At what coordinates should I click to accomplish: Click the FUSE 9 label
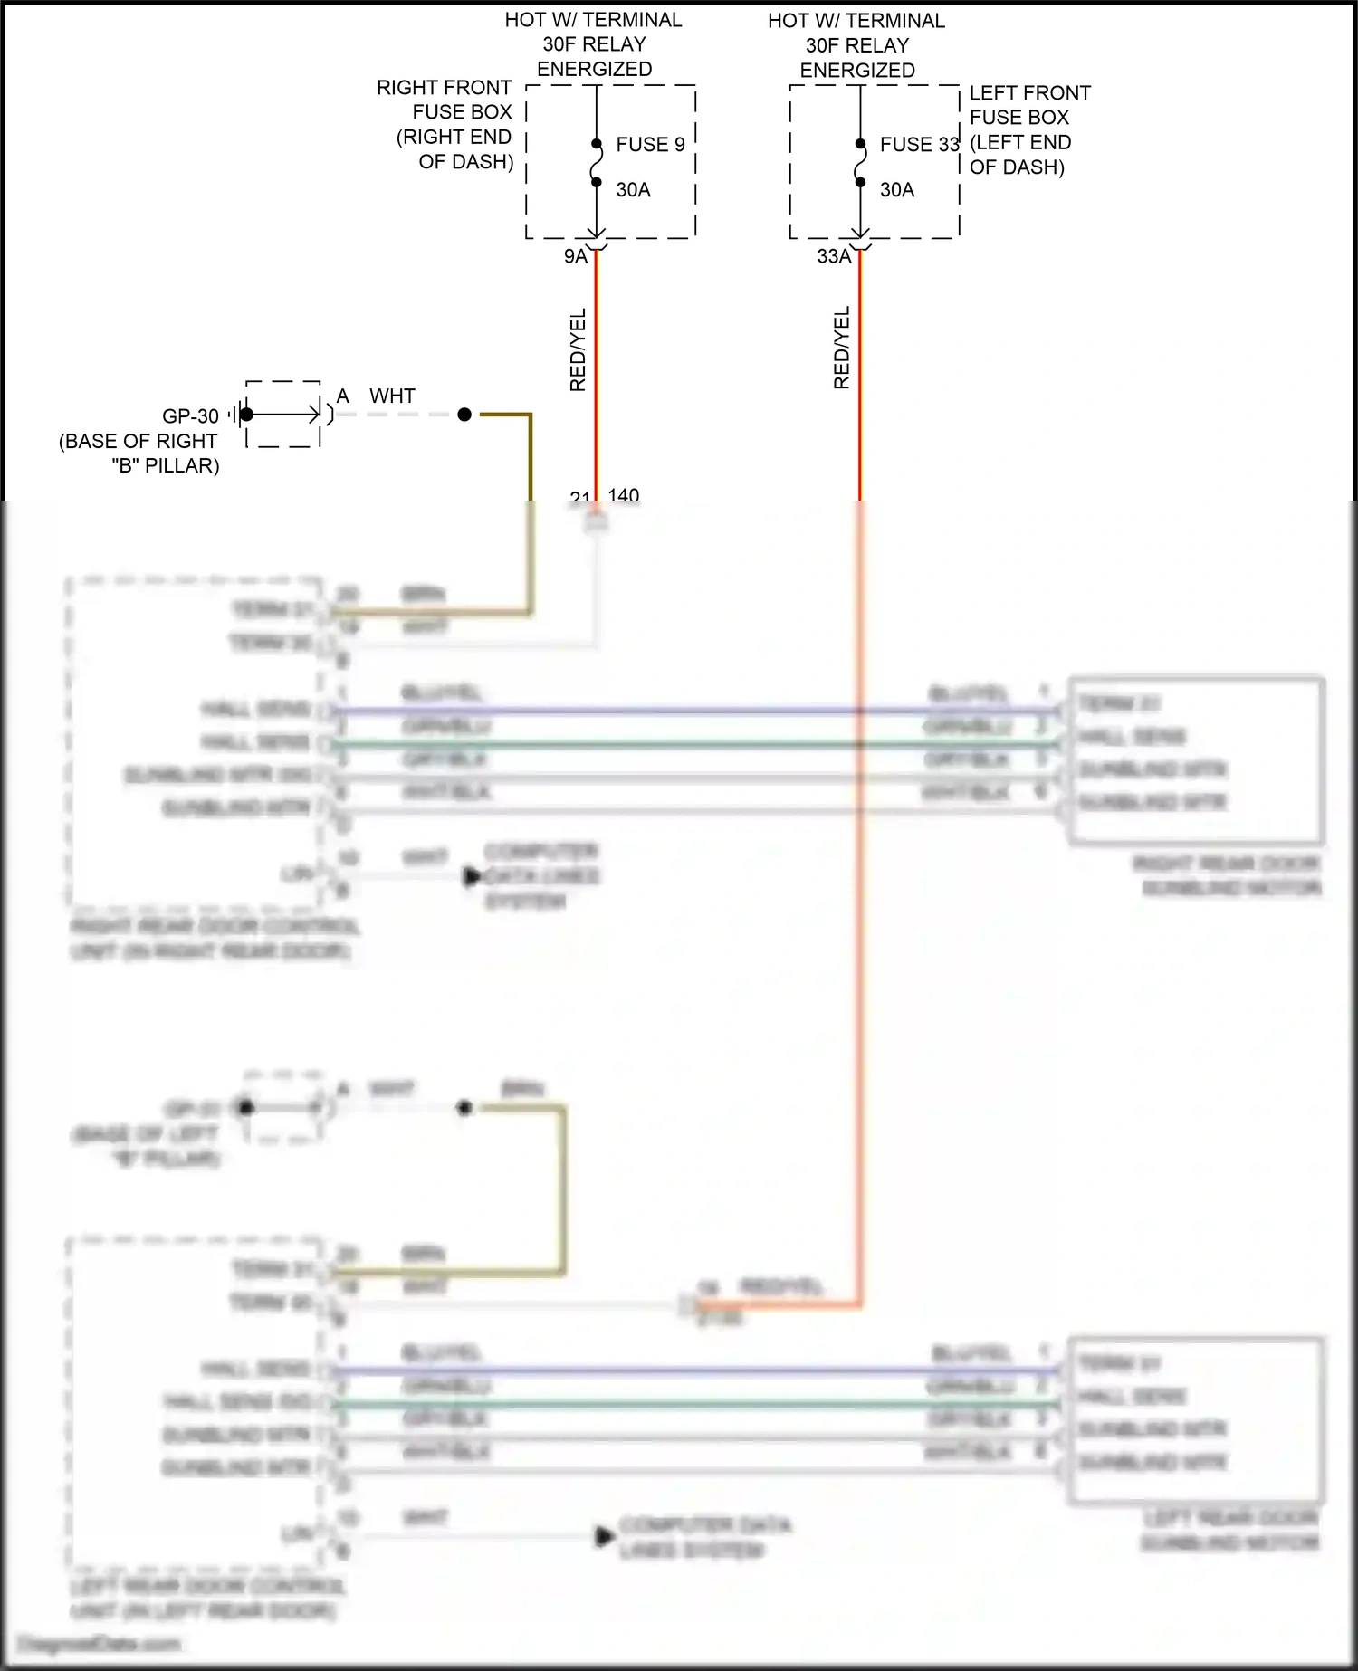(650, 145)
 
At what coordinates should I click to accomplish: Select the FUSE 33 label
(919, 145)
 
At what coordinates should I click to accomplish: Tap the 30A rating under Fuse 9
(633, 190)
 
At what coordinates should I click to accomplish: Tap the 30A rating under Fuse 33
(896, 190)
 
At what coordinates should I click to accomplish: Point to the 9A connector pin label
(575, 257)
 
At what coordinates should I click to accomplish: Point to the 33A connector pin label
(833, 257)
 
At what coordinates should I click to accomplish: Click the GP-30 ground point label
(190, 416)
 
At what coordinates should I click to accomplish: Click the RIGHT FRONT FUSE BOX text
(445, 124)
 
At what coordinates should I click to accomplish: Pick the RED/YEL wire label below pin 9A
(578, 349)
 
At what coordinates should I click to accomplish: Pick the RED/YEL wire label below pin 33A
(842, 348)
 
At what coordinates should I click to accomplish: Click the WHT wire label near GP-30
(392, 396)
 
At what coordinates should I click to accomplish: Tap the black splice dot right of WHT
(464, 415)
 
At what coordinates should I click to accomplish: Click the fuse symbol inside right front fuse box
(597, 163)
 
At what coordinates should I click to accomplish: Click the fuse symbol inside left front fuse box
(860, 163)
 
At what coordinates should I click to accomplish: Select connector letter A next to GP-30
(342, 396)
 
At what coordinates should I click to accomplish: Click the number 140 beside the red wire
(624, 495)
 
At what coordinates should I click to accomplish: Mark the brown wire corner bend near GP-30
(530, 416)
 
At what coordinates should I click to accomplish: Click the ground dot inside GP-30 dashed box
(247, 415)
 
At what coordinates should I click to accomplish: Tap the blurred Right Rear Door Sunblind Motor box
(1195, 760)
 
